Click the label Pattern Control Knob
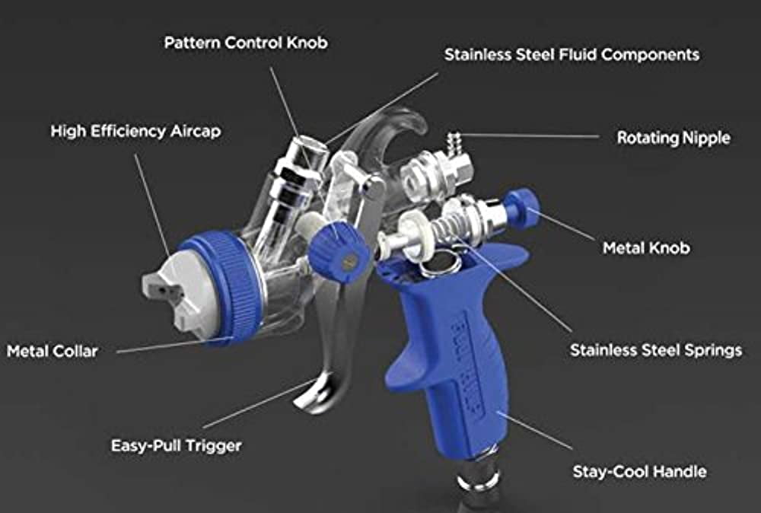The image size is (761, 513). coord(246,43)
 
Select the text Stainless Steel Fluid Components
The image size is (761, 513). coord(572,54)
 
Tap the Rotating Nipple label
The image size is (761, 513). coord(673,138)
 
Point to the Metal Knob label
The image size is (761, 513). coord(646,248)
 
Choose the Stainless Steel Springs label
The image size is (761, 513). coord(656,350)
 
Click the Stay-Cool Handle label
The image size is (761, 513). coord(639,472)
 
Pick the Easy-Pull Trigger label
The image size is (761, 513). coord(177,445)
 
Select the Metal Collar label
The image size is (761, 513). coord(52,352)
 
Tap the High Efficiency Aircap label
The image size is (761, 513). coord(136,131)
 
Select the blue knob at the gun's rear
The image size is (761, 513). coord(522,209)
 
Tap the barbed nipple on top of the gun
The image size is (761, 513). coord(454,140)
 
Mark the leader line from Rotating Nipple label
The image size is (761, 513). coord(530,136)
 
